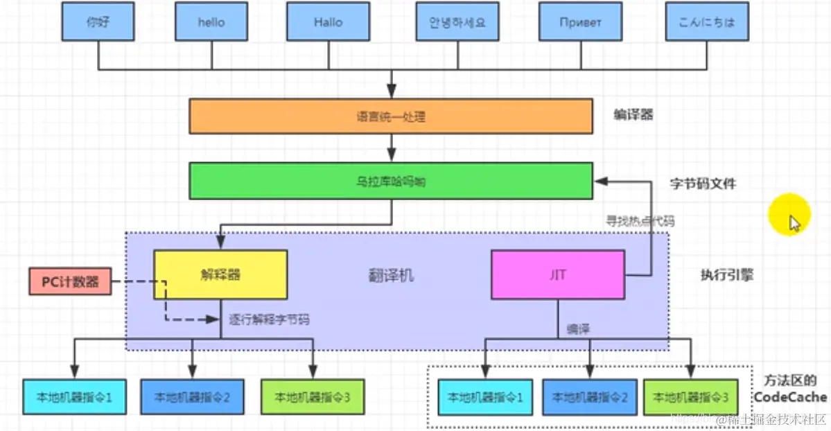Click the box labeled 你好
pos(98,21)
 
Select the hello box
pos(211,21)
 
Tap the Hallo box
pos(328,21)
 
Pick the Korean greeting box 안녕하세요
pos(457,21)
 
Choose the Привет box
pos(580,21)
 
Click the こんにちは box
pos(708,21)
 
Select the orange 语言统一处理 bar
pos(391,116)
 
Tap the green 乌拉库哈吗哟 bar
pos(391,181)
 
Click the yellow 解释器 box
pos(220,275)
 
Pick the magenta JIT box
pos(558,275)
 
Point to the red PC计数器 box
pos(70,282)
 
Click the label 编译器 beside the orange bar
pos(633,115)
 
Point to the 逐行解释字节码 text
pos(269,320)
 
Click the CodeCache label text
pos(790,397)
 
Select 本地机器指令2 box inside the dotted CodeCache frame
pos(590,398)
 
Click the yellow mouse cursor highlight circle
pos(789,215)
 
